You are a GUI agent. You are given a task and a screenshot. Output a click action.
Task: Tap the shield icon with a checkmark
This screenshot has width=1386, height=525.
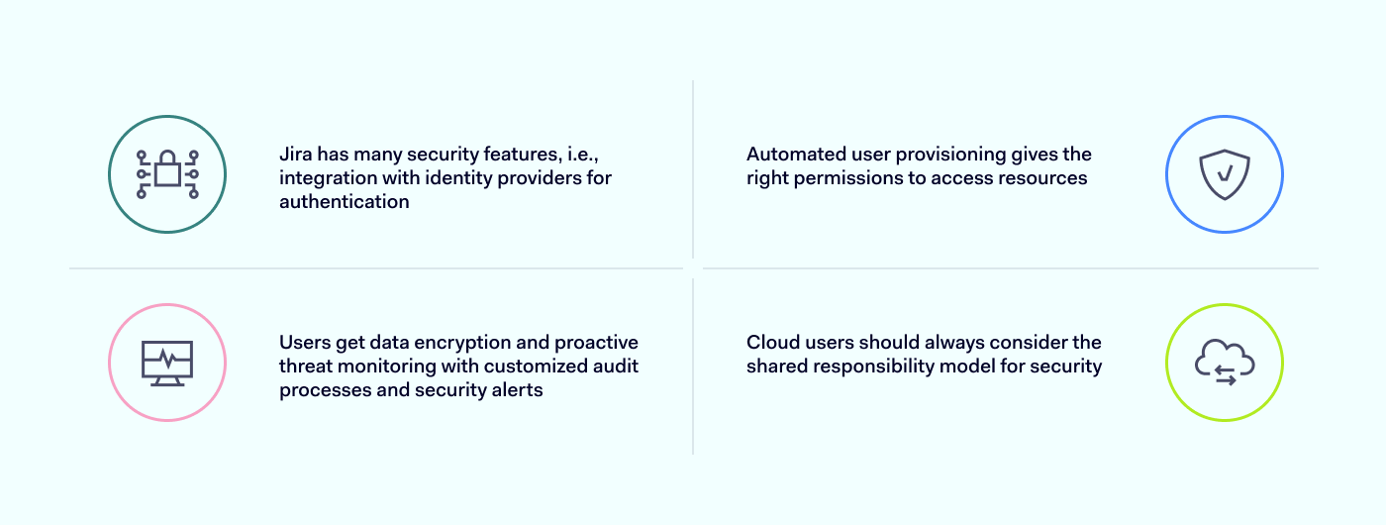1225,175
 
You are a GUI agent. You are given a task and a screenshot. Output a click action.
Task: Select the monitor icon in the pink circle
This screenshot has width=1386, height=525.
167,363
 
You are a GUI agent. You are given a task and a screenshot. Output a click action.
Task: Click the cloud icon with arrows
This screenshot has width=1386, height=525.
1225,362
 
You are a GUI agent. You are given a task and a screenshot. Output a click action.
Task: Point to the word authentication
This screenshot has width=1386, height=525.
345,202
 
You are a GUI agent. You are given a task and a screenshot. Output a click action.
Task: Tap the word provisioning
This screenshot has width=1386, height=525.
946,155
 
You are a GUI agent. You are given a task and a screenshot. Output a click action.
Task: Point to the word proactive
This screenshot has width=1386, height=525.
597,343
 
